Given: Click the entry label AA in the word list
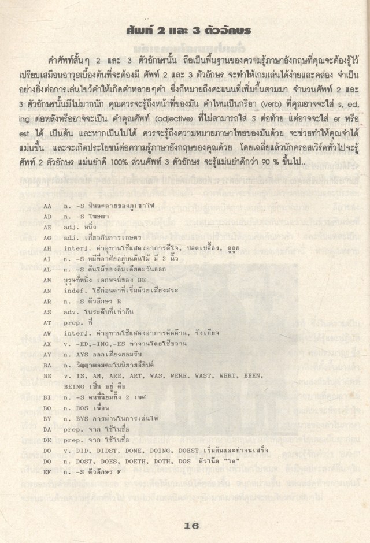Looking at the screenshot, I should click(x=47, y=205).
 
